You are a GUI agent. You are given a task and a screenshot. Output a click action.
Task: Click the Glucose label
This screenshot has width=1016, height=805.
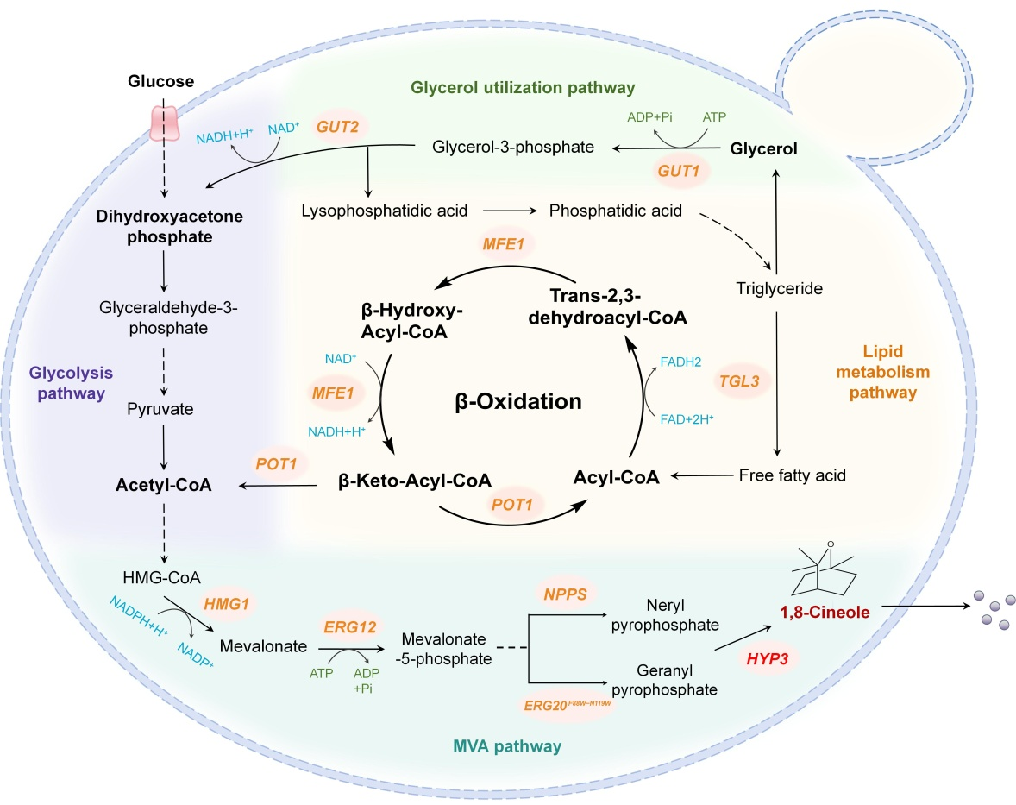[161, 82]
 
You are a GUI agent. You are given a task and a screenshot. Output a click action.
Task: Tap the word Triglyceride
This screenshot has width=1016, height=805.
[779, 289]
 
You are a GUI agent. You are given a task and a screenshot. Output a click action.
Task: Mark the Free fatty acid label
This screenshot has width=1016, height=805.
[793, 475]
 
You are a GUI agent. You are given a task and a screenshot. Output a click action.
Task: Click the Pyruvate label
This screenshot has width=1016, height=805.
[161, 407]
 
